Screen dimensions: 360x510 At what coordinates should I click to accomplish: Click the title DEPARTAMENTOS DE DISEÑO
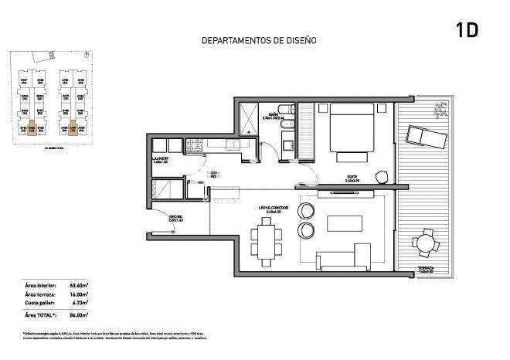(259, 40)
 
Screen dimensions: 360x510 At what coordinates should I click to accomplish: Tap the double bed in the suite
(352, 130)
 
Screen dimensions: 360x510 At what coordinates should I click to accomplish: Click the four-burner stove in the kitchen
(193, 144)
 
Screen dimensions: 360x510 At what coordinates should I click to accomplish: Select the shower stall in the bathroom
(248, 120)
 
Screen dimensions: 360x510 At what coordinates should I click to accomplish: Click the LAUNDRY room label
(161, 160)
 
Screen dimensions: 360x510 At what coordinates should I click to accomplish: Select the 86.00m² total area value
(78, 315)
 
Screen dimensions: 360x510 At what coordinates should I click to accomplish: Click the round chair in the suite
(380, 175)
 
